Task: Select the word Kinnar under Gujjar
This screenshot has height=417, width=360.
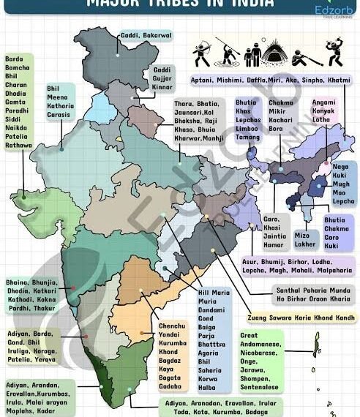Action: (162, 86)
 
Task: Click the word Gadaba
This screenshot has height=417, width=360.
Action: (170, 385)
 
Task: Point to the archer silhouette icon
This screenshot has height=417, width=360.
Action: (201, 53)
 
